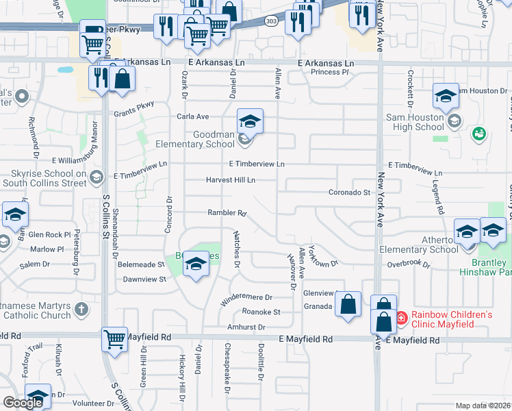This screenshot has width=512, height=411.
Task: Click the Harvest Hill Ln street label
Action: point(231,180)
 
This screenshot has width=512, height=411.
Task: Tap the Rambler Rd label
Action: point(227,213)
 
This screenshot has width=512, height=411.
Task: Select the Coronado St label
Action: point(349,192)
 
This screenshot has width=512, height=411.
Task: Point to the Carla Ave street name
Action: point(193,116)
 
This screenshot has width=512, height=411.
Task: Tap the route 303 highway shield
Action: point(272,21)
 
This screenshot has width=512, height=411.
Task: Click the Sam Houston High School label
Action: point(415,122)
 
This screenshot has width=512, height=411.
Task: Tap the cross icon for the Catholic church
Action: point(81,310)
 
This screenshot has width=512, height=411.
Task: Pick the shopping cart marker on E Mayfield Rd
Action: point(114,338)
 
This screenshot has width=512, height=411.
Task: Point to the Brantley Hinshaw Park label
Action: point(489,268)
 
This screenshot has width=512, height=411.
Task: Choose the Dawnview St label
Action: point(144,279)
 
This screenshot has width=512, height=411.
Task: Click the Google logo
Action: point(23,403)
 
